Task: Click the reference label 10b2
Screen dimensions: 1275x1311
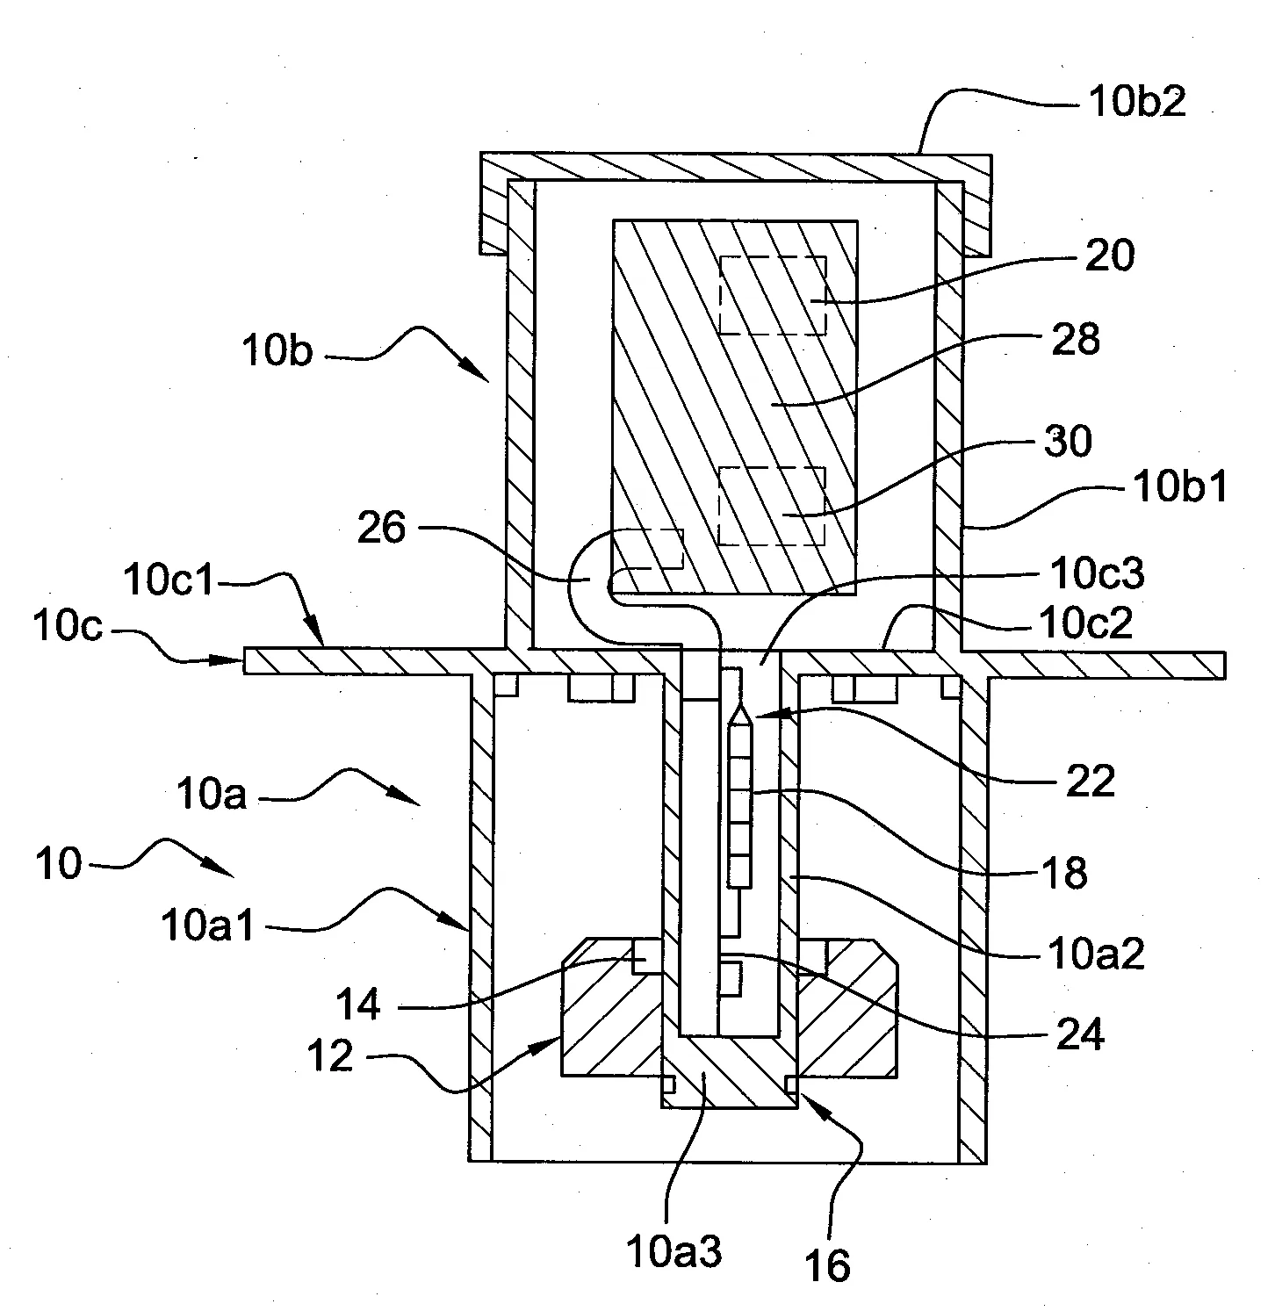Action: [x=1137, y=103]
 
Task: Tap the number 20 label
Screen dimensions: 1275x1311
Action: [x=1110, y=256]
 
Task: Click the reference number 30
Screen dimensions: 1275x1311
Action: [x=1067, y=442]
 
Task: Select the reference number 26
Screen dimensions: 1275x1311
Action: [x=381, y=529]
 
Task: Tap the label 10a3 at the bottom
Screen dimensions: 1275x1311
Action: [x=675, y=1252]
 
